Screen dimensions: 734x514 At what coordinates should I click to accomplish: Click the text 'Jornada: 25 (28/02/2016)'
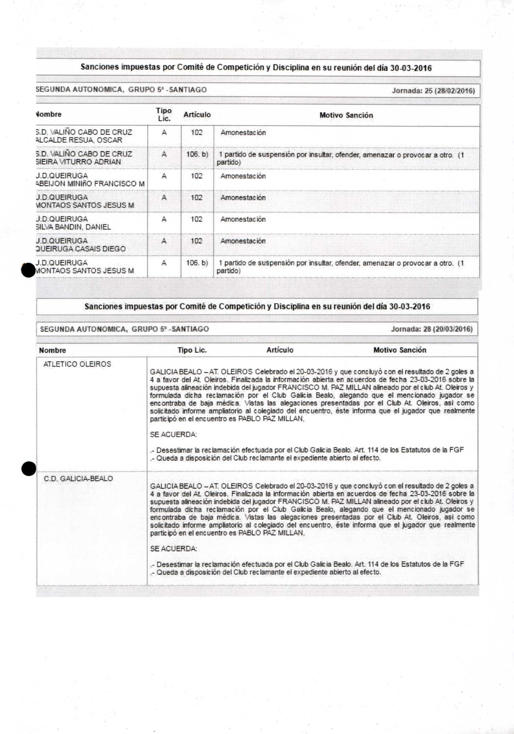[x=433, y=90]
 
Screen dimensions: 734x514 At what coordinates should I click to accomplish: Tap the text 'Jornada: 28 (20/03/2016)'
[x=431, y=329]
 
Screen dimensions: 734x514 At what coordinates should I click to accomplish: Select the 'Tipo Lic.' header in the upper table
[x=164, y=115]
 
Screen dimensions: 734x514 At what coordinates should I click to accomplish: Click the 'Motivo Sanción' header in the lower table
[x=399, y=350]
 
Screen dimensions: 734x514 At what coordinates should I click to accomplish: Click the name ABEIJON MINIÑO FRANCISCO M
[x=90, y=183]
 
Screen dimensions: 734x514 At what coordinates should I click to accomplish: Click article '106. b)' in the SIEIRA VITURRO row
[x=197, y=154]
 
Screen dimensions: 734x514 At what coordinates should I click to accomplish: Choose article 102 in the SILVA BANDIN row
[x=196, y=219]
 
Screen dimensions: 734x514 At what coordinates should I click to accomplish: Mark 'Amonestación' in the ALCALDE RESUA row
[x=243, y=133]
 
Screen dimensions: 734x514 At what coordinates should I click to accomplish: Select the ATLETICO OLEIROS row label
[x=77, y=364]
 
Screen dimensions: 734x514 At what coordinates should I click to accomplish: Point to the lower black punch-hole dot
[x=29, y=469]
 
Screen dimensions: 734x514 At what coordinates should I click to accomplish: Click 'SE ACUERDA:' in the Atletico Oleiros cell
[x=173, y=434]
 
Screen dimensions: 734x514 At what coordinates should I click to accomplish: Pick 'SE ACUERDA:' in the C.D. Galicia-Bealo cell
[x=173, y=549]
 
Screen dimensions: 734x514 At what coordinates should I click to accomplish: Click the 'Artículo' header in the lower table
[x=280, y=350]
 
